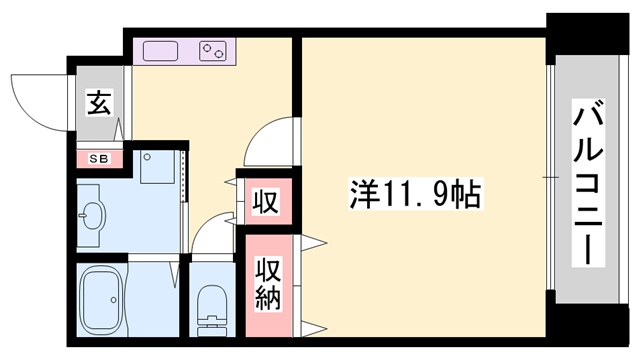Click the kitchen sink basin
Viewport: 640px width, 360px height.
(x=160, y=50)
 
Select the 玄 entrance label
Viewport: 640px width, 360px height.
(x=99, y=103)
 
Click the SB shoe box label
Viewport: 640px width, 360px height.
(x=100, y=158)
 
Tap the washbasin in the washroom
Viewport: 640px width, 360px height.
(x=93, y=213)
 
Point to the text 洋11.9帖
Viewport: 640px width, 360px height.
(x=415, y=194)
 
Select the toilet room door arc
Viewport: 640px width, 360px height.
(x=212, y=236)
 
